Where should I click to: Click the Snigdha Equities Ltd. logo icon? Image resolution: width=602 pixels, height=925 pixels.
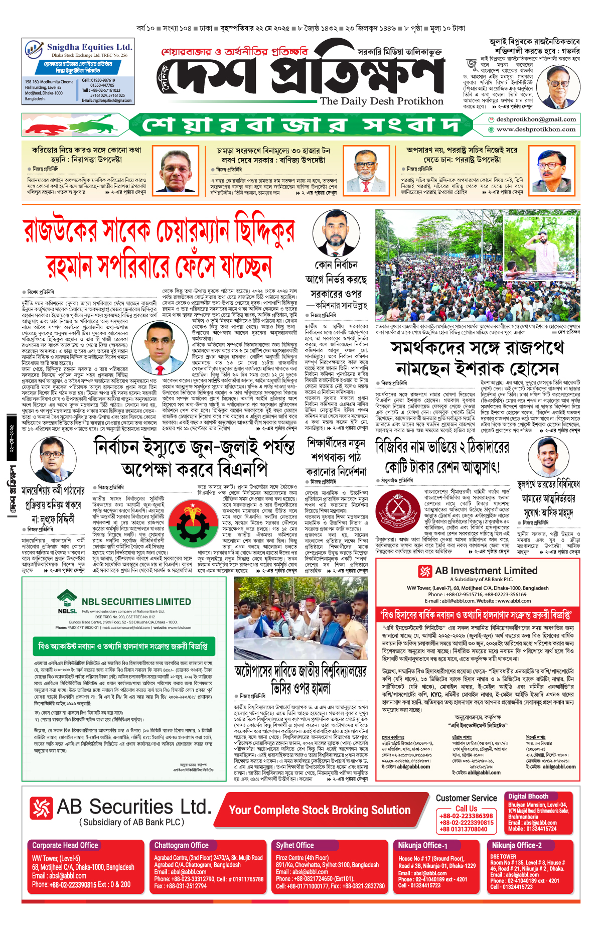(x=34, y=50)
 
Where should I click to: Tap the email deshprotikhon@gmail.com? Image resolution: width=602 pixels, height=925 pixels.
(x=536, y=119)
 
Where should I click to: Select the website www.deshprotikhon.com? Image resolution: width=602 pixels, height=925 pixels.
(x=536, y=129)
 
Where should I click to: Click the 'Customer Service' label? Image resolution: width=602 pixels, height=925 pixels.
(x=466, y=798)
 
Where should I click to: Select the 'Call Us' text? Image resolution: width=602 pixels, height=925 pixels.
(x=466, y=809)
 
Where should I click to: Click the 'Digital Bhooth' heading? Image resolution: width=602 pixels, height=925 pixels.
(x=528, y=797)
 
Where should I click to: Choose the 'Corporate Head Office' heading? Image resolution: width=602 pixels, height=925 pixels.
(x=65, y=845)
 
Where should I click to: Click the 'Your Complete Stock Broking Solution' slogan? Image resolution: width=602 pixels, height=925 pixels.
(x=320, y=810)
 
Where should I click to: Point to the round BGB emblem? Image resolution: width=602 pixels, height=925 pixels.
(x=397, y=511)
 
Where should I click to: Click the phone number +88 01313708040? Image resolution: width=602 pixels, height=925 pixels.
(x=466, y=829)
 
